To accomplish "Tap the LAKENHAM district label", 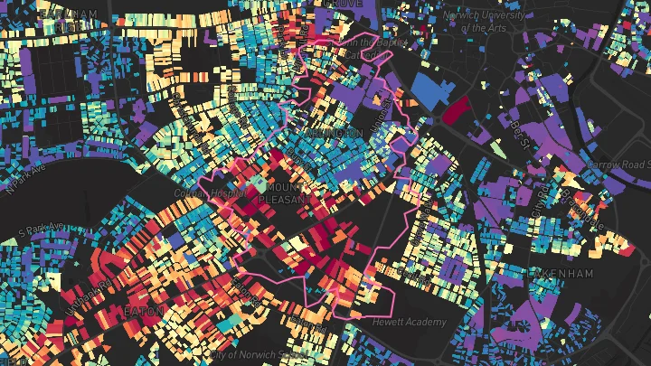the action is tap(561, 274).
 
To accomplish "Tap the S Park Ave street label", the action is tap(42, 229).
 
